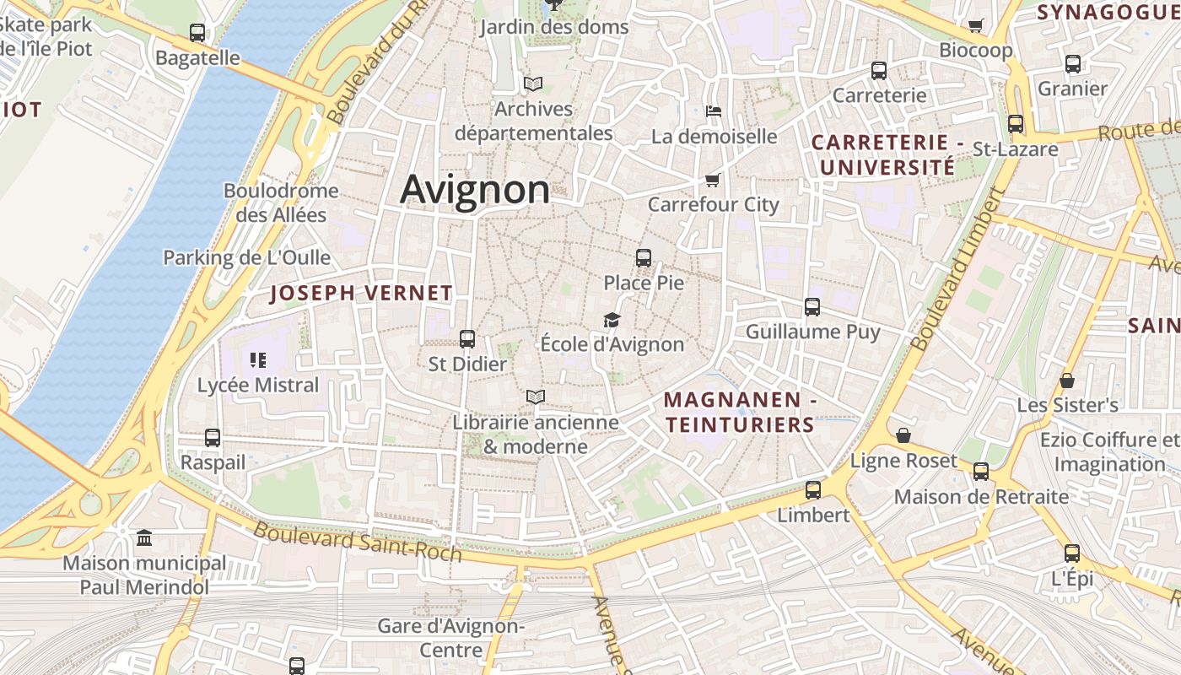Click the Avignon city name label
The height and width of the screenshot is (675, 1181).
click(x=475, y=189)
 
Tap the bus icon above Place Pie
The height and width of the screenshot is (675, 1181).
click(x=644, y=258)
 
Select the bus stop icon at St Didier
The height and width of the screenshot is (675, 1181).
click(x=467, y=339)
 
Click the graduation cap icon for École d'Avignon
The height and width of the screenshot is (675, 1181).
click(x=612, y=320)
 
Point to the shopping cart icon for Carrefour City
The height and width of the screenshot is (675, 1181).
click(x=712, y=180)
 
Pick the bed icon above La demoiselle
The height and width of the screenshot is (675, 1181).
click(x=713, y=111)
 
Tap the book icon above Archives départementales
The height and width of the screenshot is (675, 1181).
click(x=532, y=84)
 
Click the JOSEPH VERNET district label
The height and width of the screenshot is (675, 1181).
click(x=361, y=294)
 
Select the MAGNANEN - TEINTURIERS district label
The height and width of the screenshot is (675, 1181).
click(x=740, y=412)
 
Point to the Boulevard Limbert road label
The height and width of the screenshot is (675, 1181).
click(x=958, y=269)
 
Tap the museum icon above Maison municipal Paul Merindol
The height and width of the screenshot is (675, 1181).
click(x=144, y=537)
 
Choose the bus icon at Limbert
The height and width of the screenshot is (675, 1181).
click(x=813, y=489)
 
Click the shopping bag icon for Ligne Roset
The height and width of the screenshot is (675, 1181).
click(x=903, y=435)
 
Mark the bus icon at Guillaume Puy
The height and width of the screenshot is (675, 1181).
click(x=812, y=307)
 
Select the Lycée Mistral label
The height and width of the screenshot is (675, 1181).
click(x=258, y=386)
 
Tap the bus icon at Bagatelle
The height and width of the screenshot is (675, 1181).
click(x=197, y=34)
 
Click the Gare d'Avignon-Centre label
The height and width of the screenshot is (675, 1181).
click(x=450, y=638)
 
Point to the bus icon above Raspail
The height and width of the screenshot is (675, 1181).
click(x=213, y=438)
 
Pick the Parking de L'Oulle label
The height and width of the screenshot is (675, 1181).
click(x=247, y=257)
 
